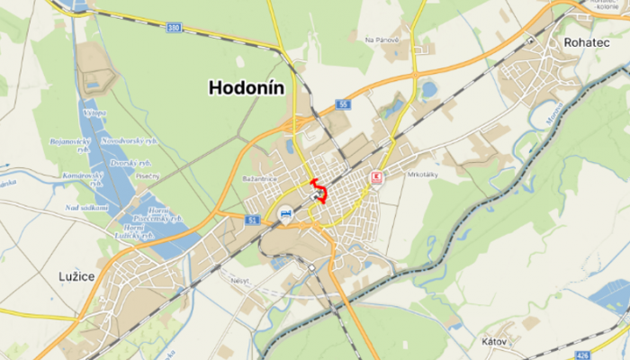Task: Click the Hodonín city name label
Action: [247, 87]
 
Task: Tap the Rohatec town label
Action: [587, 42]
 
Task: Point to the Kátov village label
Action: [494, 342]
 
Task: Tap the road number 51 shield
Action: [251, 220]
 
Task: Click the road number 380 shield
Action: [173, 28]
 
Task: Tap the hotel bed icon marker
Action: [285, 214]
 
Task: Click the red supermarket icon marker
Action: [378, 177]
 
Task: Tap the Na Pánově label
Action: [382, 40]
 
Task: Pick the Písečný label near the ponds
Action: [148, 175]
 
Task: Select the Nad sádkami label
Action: [86, 208]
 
